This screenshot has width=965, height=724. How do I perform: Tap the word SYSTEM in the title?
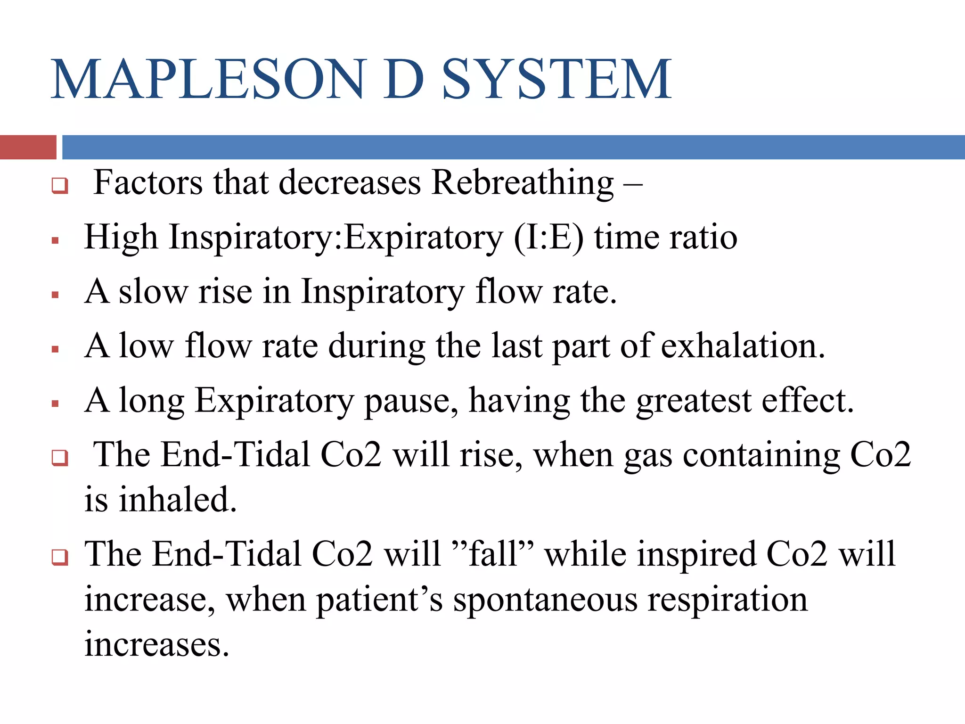(557, 79)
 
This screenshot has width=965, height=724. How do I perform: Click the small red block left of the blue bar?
(28, 147)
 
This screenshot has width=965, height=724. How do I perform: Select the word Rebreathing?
(523, 183)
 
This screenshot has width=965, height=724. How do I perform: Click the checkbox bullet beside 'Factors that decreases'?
(60, 185)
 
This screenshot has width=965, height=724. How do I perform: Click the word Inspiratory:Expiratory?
(336, 237)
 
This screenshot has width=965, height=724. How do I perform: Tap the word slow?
(153, 292)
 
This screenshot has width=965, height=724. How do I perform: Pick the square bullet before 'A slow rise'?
(56, 296)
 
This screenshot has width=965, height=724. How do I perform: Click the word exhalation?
(743, 346)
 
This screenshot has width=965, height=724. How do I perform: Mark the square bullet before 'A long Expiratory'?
(56, 404)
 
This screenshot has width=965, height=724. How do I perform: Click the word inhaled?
(177, 500)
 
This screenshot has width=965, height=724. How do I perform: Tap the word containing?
(761, 455)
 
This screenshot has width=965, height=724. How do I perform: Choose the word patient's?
(379, 600)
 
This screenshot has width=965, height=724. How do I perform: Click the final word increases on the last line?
(156, 645)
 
